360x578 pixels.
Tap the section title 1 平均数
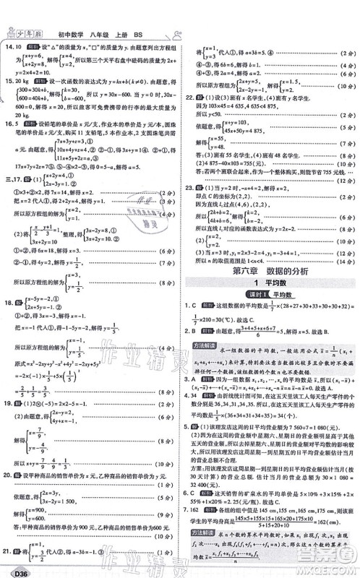click(269, 283)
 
